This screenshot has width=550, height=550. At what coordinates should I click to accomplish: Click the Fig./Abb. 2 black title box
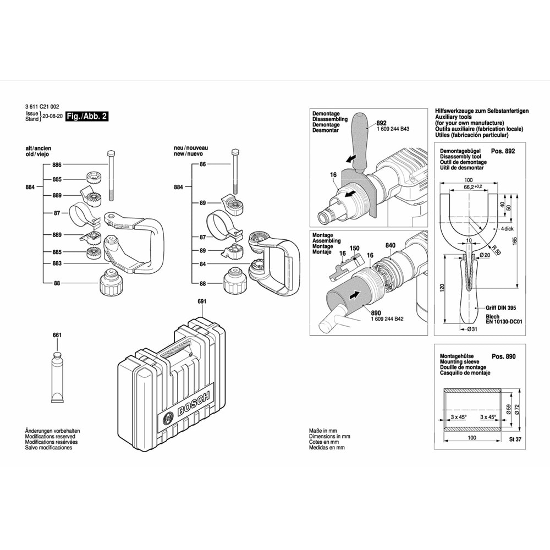[x=87, y=117]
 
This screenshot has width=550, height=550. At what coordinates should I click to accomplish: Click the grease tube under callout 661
[x=57, y=380]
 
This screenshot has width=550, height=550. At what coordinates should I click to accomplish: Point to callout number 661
[x=57, y=335]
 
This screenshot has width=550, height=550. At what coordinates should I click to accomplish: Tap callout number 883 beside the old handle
[x=57, y=264]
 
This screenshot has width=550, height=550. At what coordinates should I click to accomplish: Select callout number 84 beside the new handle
[x=202, y=264]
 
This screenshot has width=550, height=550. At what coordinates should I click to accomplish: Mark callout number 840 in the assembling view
[x=391, y=245]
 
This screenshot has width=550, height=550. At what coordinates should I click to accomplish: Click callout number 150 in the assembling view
[x=355, y=249]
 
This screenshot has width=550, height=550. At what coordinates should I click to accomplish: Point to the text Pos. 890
[x=503, y=356]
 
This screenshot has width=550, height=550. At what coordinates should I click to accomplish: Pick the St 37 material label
[x=515, y=438]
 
